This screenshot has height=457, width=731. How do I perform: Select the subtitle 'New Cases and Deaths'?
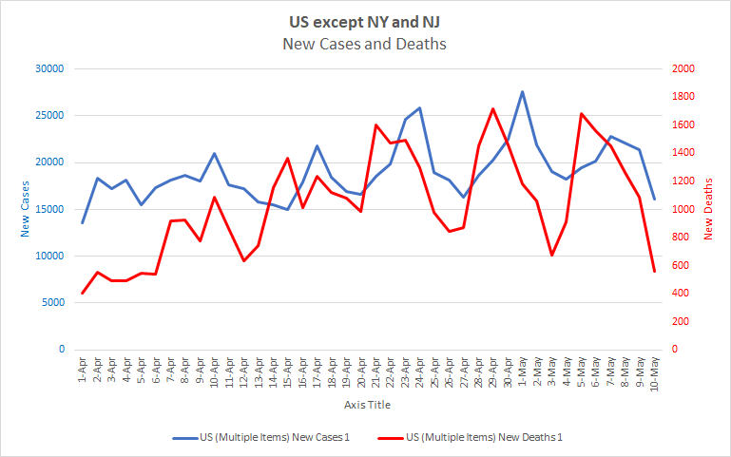(x=365, y=44)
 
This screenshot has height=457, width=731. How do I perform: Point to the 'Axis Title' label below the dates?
(x=367, y=405)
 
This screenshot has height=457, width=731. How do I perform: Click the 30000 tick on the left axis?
(x=48, y=68)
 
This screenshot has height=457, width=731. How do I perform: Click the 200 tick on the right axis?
(x=680, y=321)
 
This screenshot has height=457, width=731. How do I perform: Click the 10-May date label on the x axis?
(x=653, y=372)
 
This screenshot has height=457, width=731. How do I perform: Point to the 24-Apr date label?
(x=419, y=372)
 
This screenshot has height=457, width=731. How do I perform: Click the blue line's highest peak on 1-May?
(x=522, y=92)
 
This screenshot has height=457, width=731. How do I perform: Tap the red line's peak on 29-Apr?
(x=492, y=109)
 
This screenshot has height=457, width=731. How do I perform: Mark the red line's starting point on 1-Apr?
(x=83, y=293)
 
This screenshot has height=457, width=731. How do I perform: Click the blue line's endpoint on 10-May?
(x=654, y=199)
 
